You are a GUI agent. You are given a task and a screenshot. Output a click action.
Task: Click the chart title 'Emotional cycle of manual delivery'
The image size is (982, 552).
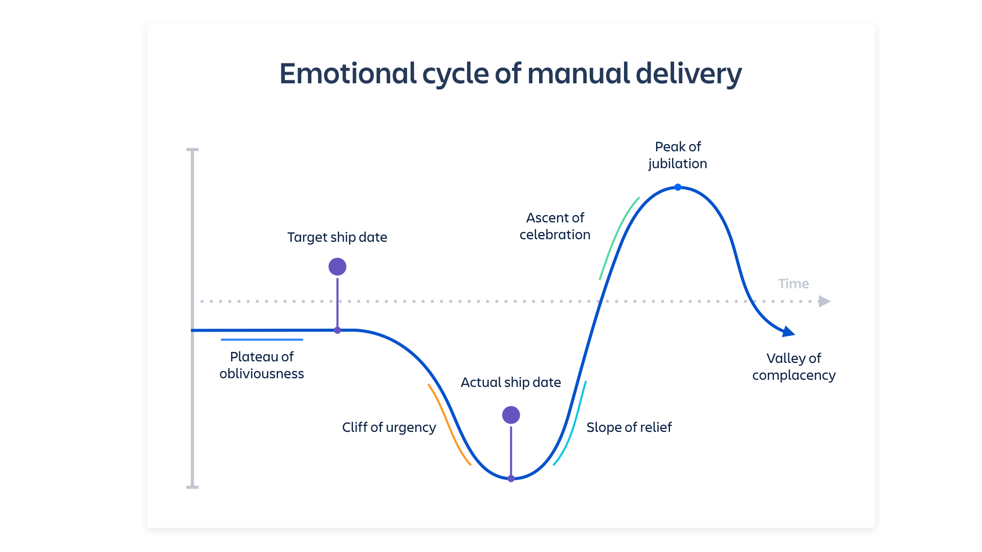point(510,74)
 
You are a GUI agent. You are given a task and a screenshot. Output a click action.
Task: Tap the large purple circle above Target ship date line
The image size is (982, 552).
point(337,266)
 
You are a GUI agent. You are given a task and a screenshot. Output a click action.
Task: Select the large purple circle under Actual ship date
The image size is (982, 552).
point(511,415)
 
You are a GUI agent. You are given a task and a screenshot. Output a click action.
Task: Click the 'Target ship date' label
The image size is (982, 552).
point(337,237)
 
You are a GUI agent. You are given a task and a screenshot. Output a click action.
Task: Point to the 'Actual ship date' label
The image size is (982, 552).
point(510,382)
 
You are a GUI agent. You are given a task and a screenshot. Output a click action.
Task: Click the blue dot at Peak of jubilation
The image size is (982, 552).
point(678,187)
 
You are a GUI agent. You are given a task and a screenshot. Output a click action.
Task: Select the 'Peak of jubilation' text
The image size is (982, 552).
point(678,155)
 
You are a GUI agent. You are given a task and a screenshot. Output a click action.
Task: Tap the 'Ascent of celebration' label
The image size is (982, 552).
point(555,226)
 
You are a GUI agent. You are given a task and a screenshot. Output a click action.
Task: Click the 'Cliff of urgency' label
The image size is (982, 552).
point(389,427)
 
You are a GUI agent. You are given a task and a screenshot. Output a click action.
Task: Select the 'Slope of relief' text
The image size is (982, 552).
point(629,427)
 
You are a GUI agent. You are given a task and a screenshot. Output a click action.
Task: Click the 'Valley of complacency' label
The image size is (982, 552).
point(793,366)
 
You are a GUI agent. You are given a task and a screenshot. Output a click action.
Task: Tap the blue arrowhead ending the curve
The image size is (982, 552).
point(789,332)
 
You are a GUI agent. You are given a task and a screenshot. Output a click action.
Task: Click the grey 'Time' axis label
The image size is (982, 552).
point(793,284)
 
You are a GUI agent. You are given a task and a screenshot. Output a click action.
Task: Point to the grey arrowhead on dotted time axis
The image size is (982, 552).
point(824,301)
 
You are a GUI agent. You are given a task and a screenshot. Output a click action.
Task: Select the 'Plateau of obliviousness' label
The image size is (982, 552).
point(261,365)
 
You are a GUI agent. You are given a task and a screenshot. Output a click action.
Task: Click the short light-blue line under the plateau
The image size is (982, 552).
point(261,339)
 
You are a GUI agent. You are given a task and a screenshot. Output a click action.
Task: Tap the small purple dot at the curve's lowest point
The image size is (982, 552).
point(511,479)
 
